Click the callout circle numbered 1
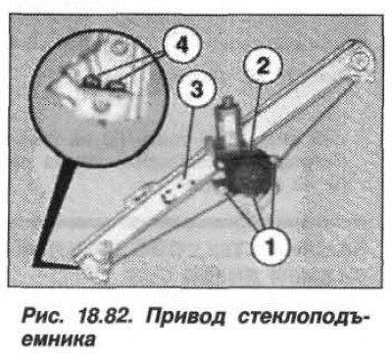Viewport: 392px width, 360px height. click(x=269, y=246)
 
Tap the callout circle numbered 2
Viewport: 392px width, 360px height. click(x=263, y=68)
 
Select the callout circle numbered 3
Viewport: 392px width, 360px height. click(x=197, y=89)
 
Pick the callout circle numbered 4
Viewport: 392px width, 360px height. click(x=181, y=45)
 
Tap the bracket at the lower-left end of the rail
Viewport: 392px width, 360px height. click(x=93, y=265)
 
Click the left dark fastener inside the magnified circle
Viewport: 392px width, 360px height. click(x=90, y=82)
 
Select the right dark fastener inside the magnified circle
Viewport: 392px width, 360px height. click(x=115, y=85)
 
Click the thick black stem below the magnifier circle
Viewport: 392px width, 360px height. click(x=52, y=213)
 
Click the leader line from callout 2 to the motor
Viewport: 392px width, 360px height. click(x=257, y=115)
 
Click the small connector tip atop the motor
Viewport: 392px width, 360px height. click(x=227, y=100)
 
